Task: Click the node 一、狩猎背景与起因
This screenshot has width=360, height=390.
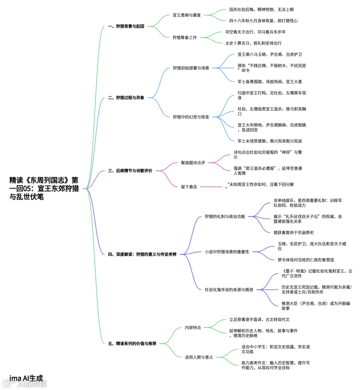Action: [126, 26]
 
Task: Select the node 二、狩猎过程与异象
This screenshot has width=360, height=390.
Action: [126, 98]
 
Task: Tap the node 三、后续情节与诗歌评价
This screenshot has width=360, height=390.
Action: [130, 171]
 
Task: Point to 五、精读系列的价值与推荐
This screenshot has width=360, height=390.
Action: [132, 344]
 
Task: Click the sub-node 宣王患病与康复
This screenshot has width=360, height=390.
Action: [187, 15]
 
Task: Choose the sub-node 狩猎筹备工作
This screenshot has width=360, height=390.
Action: [185, 38]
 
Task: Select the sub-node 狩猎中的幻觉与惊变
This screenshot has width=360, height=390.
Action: [191, 117]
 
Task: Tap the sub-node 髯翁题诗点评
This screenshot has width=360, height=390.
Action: [193, 163]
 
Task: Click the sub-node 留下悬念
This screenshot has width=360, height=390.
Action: [189, 187]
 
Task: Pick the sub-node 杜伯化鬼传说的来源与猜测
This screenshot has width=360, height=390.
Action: [229, 290]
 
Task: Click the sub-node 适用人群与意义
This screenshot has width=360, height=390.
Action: [199, 357]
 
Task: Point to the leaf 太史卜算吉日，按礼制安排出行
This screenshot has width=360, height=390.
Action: [253, 43]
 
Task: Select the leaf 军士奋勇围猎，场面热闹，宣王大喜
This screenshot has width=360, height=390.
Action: [270, 82]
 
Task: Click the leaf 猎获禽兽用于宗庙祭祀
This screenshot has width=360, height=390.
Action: [293, 233]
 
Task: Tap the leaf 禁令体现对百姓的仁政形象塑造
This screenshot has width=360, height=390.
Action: [306, 260]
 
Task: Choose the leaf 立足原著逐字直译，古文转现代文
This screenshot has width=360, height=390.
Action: [259, 320]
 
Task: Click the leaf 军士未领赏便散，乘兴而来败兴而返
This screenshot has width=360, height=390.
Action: [270, 141]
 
